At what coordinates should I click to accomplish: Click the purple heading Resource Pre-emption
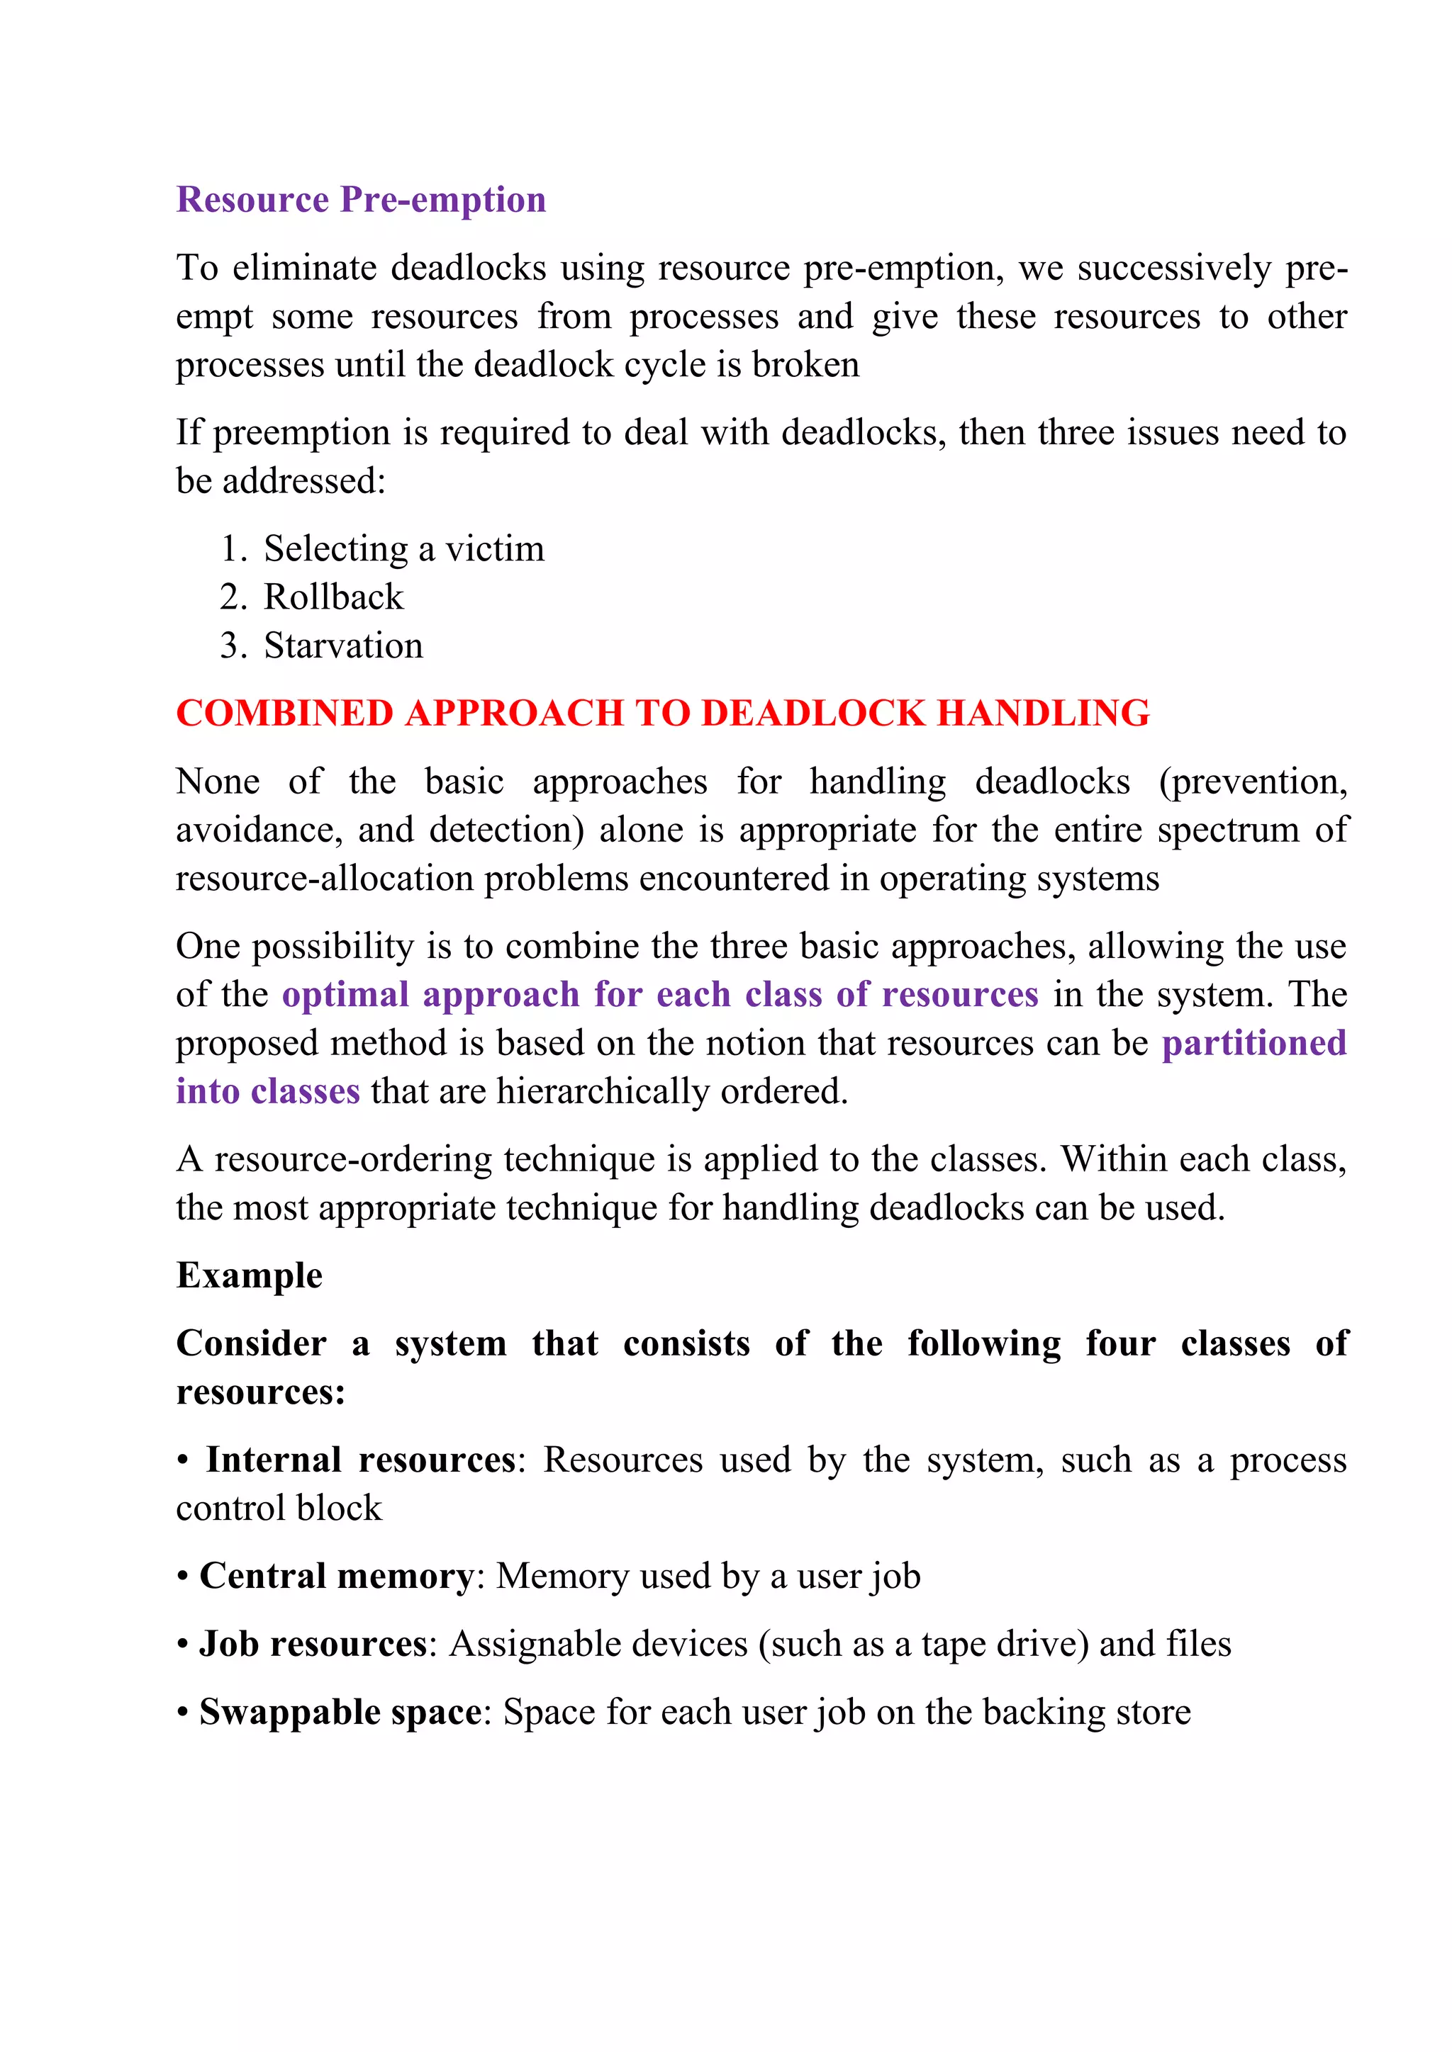(360, 199)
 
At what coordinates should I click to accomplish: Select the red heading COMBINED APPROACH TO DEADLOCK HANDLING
(662, 714)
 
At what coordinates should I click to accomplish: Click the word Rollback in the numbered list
(333, 597)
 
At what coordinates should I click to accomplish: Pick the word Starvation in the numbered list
(343, 646)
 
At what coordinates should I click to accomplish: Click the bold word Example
(249, 1275)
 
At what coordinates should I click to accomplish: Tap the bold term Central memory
(336, 1576)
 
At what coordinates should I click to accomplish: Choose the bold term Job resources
(313, 1644)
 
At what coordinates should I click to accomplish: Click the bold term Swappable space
(340, 1711)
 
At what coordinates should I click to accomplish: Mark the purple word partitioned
(1253, 1043)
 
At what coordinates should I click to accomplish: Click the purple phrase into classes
(267, 1091)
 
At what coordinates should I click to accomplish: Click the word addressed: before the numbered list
(304, 481)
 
